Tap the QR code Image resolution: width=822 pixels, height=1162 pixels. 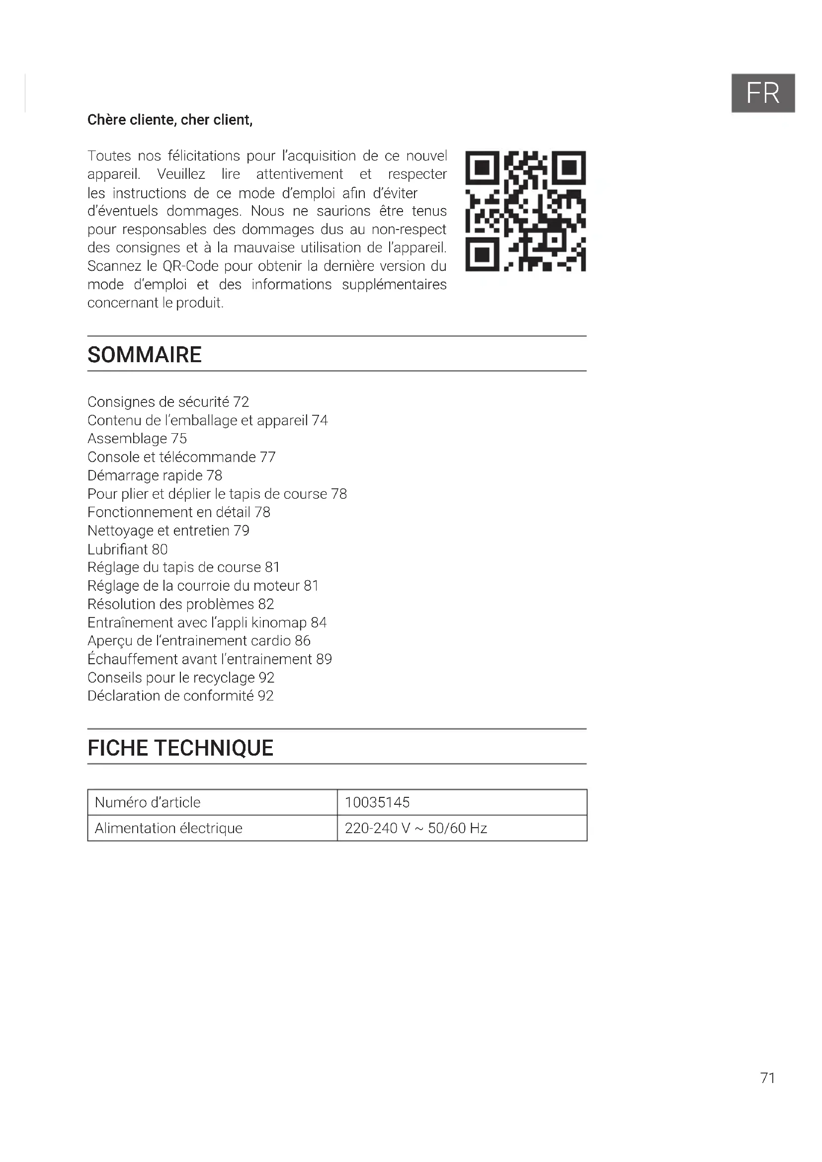click(525, 211)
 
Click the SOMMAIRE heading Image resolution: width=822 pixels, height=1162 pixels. click(144, 355)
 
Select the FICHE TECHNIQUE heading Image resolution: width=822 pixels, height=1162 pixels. click(180, 748)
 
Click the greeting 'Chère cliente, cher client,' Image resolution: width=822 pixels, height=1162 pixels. click(169, 120)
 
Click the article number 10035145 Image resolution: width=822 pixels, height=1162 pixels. click(377, 802)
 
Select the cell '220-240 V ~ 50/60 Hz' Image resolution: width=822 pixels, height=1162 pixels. click(415, 828)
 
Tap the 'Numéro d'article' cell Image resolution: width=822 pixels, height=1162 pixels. click(147, 802)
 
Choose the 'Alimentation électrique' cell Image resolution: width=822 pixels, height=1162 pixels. click(168, 828)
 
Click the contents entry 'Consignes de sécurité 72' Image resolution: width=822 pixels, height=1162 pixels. click(168, 402)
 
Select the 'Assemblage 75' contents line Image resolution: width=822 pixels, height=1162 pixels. click(137, 438)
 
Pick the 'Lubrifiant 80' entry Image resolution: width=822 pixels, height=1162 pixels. click(128, 549)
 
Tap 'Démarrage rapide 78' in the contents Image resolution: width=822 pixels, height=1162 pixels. click(155, 475)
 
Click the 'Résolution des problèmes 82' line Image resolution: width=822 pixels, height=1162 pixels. click(181, 604)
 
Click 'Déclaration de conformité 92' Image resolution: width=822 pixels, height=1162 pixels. click(181, 696)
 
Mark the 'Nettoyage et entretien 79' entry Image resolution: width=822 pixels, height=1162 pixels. click(168, 531)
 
